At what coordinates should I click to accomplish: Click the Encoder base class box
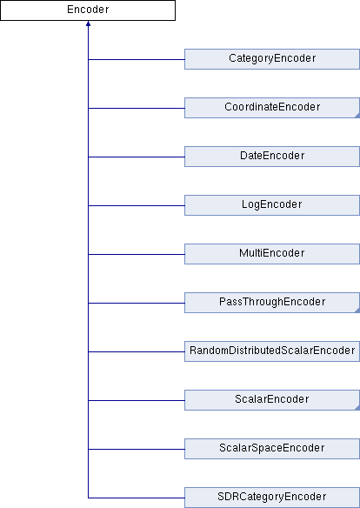click(x=88, y=10)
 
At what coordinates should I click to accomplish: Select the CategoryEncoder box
click(x=272, y=59)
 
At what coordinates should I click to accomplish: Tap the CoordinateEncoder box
click(x=272, y=108)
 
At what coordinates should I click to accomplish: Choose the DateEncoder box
click(x=272, y=157)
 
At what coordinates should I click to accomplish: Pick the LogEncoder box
click(x=272, y=205)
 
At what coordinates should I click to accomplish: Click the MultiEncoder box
click(x=272, y=254)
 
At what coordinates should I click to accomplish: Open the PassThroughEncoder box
click(x=272, y=303)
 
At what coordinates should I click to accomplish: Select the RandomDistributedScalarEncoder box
click(x=272, y=351)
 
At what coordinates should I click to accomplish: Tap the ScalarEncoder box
click(x=272, y=400)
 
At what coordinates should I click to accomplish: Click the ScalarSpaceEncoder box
click(x=272, y=449)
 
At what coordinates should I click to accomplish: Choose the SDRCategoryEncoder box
click(x=272, y=498)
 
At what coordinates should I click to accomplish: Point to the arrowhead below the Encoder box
click(x=88, y=23)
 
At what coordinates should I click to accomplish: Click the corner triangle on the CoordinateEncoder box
click(x=357, y=116)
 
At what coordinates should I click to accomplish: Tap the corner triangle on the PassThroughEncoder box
click(x=357, y=311)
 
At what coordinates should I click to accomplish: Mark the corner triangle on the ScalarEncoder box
click(x=357, y=408)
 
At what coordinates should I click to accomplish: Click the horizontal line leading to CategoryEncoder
click(x=137, y=59)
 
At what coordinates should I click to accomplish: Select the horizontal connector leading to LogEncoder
click(x=137, y=205)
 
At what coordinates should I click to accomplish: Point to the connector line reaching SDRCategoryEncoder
click(x=137, y=498)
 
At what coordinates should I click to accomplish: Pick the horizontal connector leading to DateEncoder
click(x=137, y=157)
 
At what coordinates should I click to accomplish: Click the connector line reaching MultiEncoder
click(x=137, y=254)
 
